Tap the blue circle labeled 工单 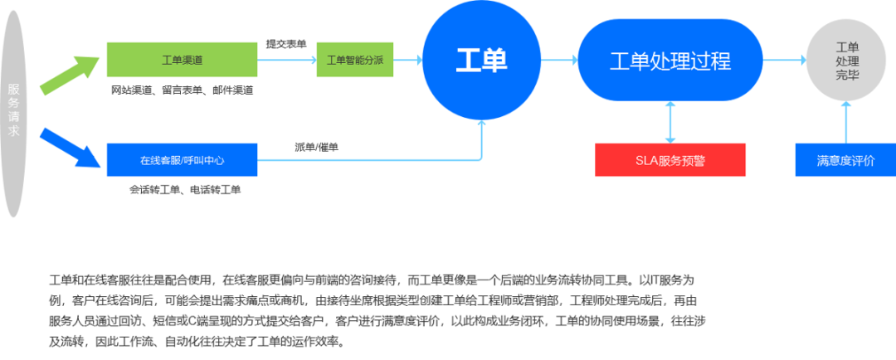pyautogui.click(x=481, y=60)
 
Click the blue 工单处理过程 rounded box pyautogui.click(x=670, y=60)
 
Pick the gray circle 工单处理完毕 pyautogui.click(x=846, y=60)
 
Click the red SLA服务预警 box pyautogui.click(x=670, y=160)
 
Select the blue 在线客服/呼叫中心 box pyautogui.click(x=182, y=160)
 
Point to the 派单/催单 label pyautogui.click(x=316, y=147)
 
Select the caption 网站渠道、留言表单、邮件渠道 pyautogui.click(x=182, y=90)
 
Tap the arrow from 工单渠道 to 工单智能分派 pyautogui.click(x=285, y=60)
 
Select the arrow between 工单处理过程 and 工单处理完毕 pyautogui.click(x=784, y=60)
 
